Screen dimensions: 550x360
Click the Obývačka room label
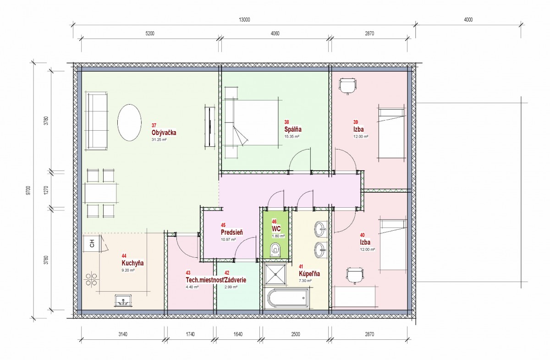(164, 133)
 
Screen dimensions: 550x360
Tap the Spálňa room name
(293, 129)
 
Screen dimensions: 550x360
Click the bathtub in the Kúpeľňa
(288, 298)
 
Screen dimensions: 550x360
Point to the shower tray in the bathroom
(275, 275)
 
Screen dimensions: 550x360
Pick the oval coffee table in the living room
(129, 122)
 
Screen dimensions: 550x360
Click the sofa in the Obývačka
(96, 121)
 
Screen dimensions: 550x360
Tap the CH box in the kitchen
(92, 243)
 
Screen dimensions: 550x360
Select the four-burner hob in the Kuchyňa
(91, 279)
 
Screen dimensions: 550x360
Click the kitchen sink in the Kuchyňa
(123, 300)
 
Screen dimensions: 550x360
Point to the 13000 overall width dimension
(244, 20)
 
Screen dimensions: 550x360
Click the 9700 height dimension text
(28, 190)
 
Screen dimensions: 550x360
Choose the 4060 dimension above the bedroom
(275, 33)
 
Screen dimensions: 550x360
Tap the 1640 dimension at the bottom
(238, 334)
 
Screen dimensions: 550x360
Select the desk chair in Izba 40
(355, 276)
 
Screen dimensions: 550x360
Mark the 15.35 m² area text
(291, 137)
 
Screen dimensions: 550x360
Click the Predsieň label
(232, 232)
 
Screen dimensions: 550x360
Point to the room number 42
(227, 273)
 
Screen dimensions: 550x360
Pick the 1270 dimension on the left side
(46, 190)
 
